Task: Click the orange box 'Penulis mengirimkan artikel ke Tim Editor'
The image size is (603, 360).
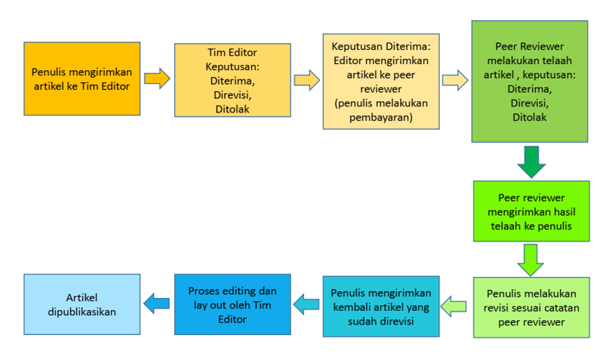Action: (x=82, y=78)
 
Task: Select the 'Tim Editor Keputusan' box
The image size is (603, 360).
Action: (x=232, y=81)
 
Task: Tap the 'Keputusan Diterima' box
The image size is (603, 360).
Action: (x=380, y=80)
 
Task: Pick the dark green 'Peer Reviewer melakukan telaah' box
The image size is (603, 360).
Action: (x=529, y=81)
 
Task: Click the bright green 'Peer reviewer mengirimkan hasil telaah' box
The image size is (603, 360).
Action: (x=531, y=211)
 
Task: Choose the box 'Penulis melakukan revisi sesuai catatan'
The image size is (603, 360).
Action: (x=531, y=307)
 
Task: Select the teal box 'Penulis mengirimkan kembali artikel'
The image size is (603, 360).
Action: (x=381, y=306)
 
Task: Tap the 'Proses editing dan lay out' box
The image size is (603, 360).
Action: (x=232, y=304)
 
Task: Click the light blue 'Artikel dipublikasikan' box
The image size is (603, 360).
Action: (x=82, y=304)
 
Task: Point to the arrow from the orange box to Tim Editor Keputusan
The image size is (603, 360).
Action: (x=157, y=78)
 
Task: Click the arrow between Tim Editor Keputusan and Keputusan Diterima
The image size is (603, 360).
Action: (x=306, y=80)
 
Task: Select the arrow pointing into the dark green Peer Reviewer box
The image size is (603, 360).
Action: (x=455, y=80)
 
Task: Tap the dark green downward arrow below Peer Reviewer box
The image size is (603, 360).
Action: (x=531, y=161)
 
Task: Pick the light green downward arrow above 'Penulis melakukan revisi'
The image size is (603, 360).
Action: (x=531, y=259)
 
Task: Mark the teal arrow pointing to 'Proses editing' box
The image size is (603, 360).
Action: (x=306, y=305)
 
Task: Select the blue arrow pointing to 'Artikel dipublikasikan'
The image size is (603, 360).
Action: (x=157, y=304)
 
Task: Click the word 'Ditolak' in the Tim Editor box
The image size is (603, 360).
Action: (x=232, y=109)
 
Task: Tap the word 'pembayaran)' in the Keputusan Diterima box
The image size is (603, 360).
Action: (x=380, y=117)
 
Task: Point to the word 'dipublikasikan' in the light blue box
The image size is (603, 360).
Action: (x=82, y=311)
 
